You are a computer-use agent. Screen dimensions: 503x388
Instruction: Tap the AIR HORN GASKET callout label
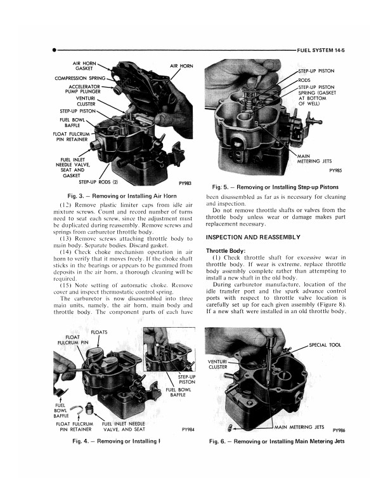point(84,67)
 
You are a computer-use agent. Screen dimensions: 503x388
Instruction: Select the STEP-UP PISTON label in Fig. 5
point(320,70)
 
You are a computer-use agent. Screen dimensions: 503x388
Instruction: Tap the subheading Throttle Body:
point(226,250)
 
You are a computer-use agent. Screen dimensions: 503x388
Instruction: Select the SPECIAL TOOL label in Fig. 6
point(325,345)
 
